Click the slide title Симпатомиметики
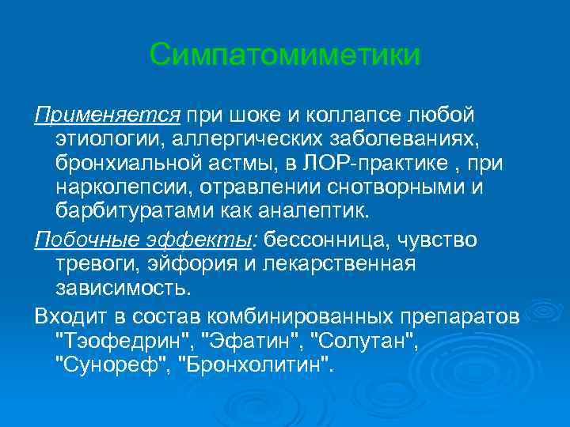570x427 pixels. [x=285, y=55]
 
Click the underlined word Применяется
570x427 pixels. [x=108, y=116]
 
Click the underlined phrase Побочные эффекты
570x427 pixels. [x=146, y=239]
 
